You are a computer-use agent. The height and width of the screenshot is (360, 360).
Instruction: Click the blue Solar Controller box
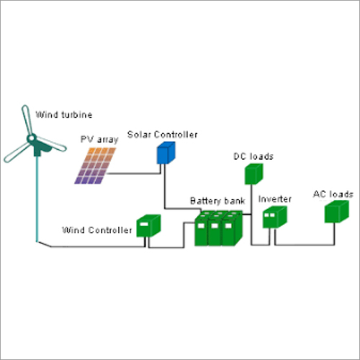pyautogui.click(x=166, y=154)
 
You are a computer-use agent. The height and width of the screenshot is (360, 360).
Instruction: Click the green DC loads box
pyautogui.click(x=253, y=174)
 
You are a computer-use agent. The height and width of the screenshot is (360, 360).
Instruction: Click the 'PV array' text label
pyautogui.click(x=99, y=140)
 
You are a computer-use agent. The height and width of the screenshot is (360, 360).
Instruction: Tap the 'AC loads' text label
pyautogui.click(x=333, y=194)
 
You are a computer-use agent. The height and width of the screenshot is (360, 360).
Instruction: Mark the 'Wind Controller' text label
pyautogui.click(x=97, y=230)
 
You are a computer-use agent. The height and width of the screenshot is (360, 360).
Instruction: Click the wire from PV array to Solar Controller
pyautogui.click(x=137, y=174)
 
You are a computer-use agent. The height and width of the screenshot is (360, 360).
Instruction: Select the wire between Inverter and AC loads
pyautogui.click(x=302, y=244)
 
